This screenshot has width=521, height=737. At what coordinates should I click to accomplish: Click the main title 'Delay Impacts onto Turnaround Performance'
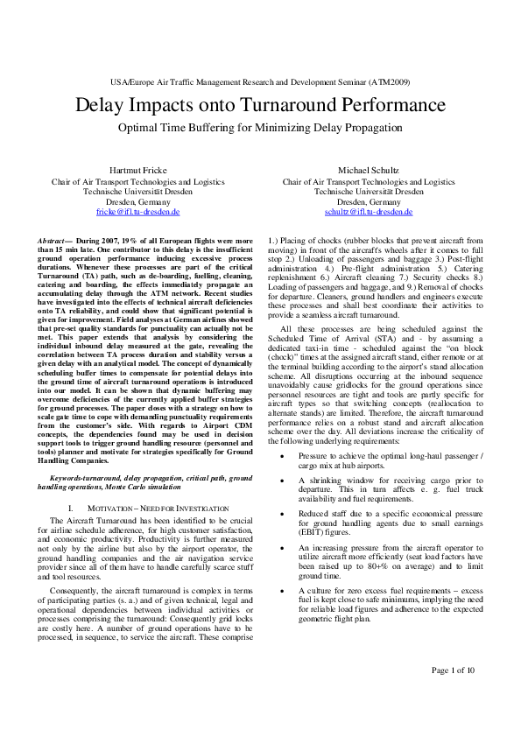click(260, 107)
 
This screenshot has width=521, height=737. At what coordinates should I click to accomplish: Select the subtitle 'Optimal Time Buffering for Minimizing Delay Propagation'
click(260, 127)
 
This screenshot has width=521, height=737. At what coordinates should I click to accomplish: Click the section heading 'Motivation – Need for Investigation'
click(147, 508)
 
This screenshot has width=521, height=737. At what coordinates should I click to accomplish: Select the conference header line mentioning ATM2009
click(260, 81)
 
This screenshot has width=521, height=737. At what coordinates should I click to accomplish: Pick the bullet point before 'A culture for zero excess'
click(280, 591)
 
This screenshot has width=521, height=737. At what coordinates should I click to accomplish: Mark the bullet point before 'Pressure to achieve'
click(280, 457)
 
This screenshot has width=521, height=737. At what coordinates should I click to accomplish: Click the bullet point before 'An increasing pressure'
click(280, 547)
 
